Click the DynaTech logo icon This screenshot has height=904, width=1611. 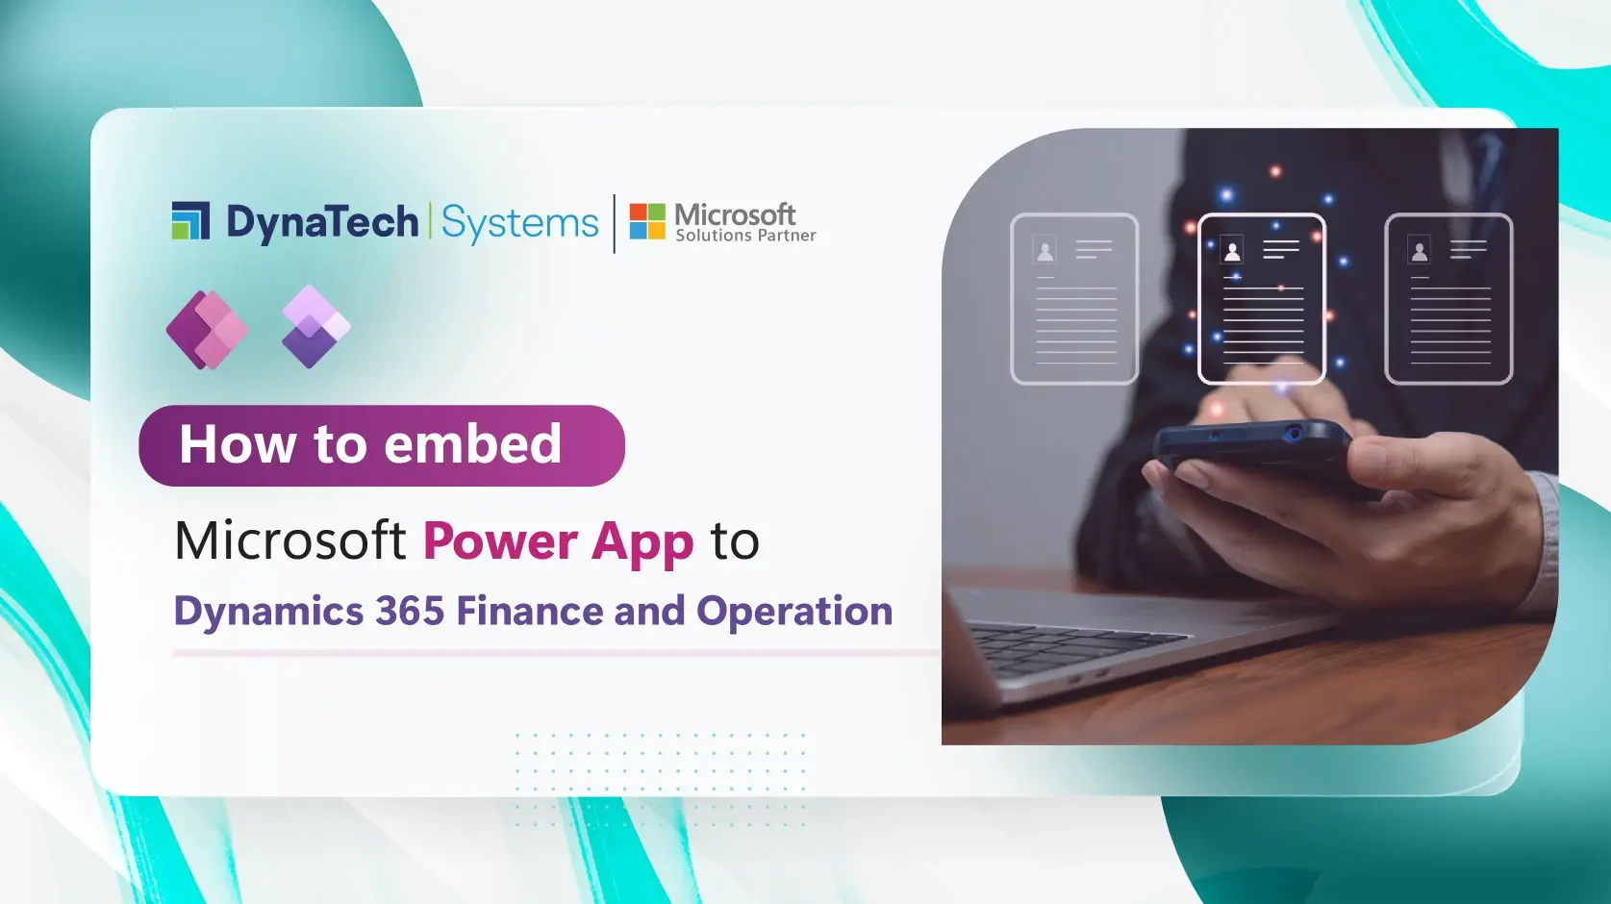[x=190, y=220]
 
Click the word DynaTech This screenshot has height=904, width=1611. [x=322, y=222]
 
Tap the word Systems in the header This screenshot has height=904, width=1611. [x=519, y=223]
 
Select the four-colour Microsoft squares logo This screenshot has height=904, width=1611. [x=647, y=221]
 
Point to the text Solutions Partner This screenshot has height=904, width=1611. [x=745, y=236]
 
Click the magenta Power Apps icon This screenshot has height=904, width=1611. [x=207, y=330]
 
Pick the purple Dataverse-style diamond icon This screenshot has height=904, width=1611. [x=315, y=327]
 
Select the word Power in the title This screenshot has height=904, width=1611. [x=500, y=540]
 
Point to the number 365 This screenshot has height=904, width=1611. [x=410, y=612]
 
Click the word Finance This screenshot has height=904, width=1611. [x=530, y=612]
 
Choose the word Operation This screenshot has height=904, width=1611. [x=794, y=613]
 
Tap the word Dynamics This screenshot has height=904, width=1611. [x=268, y=613]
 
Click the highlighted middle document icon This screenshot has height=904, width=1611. [x=1261, y=298]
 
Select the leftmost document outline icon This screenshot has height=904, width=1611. [x=1074, y=298]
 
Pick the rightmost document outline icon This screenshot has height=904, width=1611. [x=1448, y=298]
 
